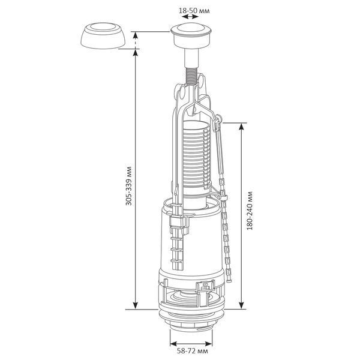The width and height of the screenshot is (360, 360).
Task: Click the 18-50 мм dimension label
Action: pyautogui.click(x=194, y=11)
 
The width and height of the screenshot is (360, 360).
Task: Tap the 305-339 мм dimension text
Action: pyautogui.click(x=129, y=186)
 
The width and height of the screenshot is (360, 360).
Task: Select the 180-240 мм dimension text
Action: pyautogui.click(x=249, y=211)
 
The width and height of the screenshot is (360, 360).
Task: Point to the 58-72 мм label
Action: pyautogui.click(x=193, y=351)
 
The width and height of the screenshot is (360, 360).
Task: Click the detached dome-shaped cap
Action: pyautogui.click(x=103, y=35)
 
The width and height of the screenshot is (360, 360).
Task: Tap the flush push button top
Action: pyautogui.click(x=192, y=29)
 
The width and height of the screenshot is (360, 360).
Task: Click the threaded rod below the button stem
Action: pyautogui.click(x=191, y=76)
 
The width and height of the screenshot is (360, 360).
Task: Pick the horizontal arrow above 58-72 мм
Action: pyautogui.click(x=191, y=344)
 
